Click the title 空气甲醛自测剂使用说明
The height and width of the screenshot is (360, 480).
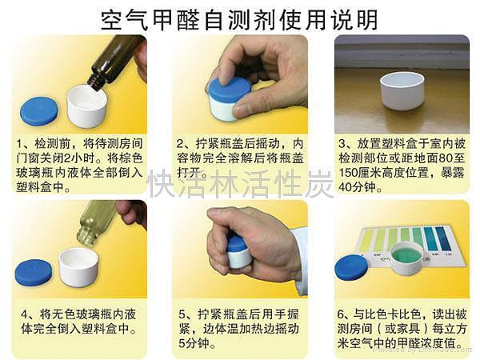point(239,20)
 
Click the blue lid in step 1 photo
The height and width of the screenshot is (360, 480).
point(39,111)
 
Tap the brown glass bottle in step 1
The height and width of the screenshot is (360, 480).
point(116,62)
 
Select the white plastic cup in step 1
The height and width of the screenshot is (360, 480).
point(86,106)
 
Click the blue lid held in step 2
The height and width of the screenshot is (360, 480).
point(230,89)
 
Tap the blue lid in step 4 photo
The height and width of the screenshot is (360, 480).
point(34,273)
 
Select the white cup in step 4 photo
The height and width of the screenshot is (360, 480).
point(78,267)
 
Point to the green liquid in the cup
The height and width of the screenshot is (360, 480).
point(407,256)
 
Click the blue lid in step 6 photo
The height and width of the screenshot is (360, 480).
point(351,267)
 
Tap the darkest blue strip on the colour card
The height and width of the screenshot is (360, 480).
point(443,238)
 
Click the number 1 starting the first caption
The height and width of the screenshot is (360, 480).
point(20,143)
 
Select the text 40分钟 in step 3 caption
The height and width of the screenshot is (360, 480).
point(357,186)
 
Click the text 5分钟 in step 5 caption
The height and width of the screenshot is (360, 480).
point(194,343)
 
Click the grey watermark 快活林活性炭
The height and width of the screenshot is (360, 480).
point(240,184)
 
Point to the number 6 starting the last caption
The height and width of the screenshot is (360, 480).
point(341,314)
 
